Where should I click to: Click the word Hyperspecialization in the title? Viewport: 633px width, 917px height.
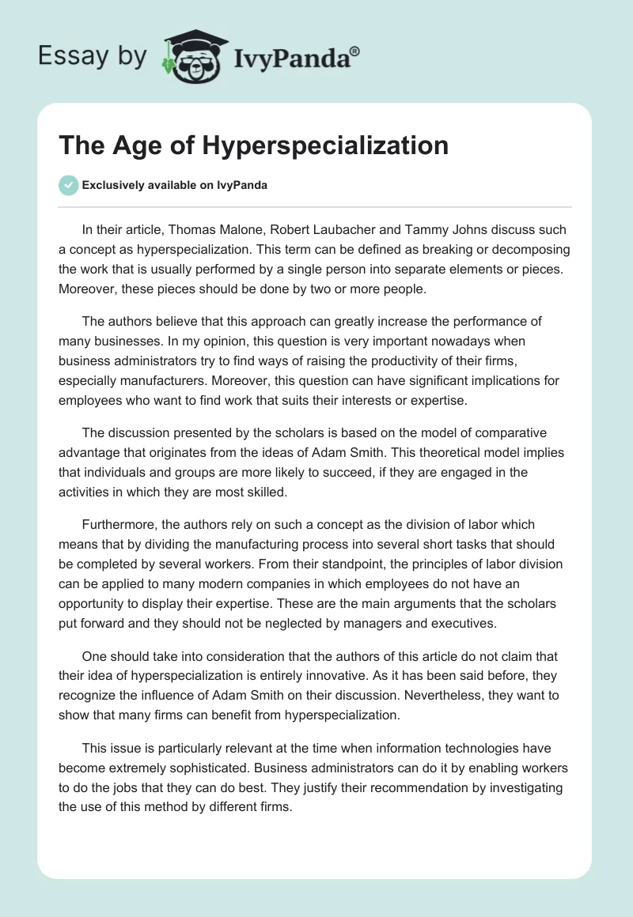click(x=326, y=145)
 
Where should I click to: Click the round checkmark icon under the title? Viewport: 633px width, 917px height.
click(x=68, y=186)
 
